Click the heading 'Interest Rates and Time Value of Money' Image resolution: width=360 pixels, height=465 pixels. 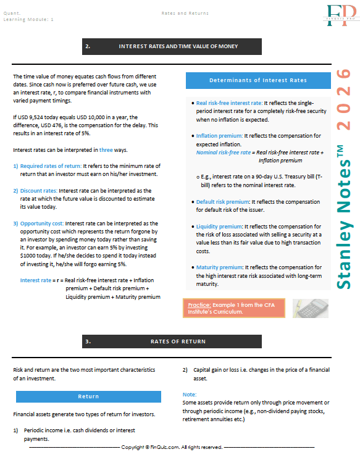click(x=178, y=46)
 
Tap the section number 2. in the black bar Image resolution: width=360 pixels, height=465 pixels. click(x=88, y=46)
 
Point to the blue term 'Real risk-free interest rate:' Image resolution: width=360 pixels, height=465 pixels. click(x=229, y=103)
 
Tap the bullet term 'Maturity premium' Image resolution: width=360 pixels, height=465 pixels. click(x=219, y=267)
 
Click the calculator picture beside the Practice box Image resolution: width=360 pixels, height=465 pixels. click(x=314, y=307)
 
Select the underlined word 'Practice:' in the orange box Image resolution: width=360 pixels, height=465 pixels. click(x=199, y=304)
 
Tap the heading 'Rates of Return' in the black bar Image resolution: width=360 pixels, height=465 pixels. click(x=178, y=341)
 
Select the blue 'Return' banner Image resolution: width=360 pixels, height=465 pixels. click(x=88, y=396)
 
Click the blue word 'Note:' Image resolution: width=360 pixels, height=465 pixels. click(x=190, y=394)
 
